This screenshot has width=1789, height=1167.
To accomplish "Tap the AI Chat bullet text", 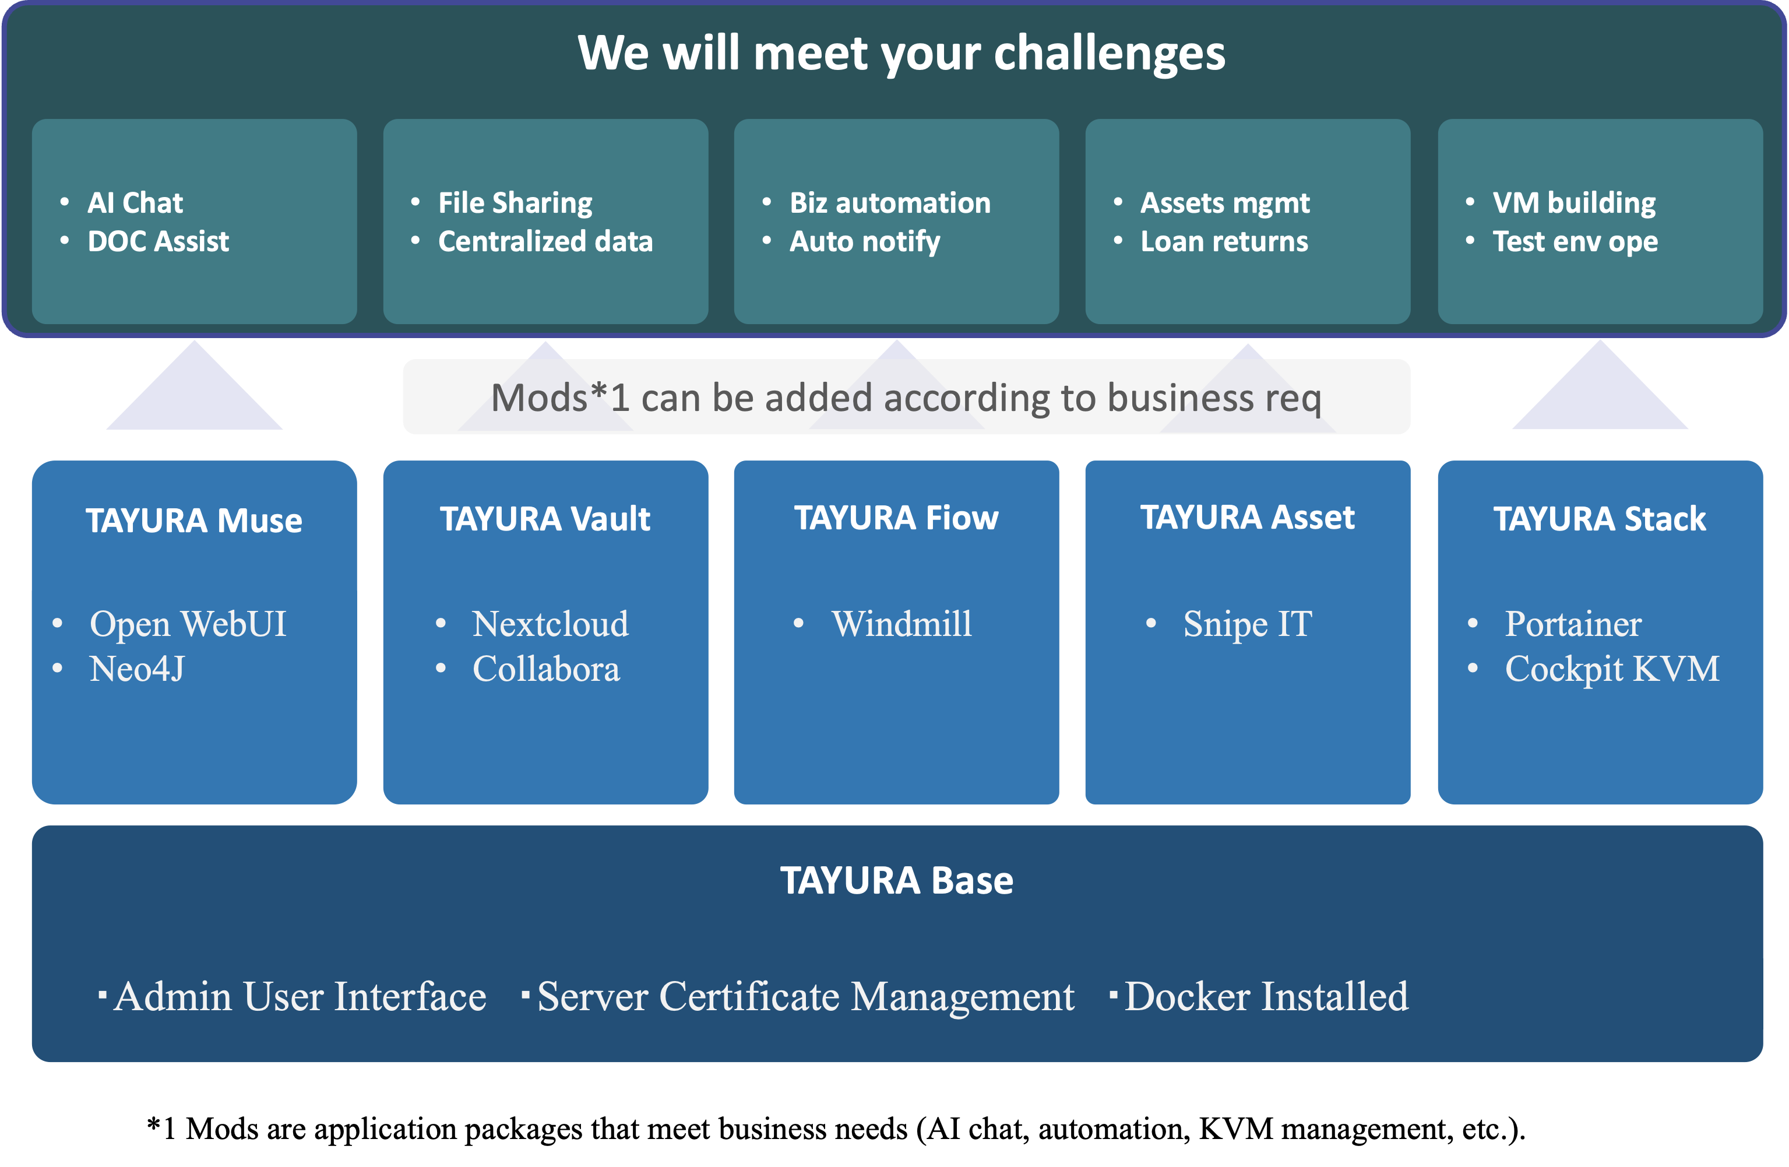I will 135,202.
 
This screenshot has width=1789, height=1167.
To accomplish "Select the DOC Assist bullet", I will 158,241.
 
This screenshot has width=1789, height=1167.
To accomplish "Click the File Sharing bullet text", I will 515,202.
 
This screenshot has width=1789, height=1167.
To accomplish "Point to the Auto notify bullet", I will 864,241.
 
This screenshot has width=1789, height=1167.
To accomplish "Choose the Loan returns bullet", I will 1224,241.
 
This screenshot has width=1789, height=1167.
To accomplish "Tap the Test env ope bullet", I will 1575,241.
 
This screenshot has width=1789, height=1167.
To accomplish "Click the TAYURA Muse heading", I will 194,521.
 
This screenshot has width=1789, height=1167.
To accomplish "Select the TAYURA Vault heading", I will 545,519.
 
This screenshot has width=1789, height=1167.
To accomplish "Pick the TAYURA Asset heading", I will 1247,517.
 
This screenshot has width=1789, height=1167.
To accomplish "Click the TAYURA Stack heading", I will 1599,519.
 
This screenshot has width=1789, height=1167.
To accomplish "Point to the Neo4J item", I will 137,669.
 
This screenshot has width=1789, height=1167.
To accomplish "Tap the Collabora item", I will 545,669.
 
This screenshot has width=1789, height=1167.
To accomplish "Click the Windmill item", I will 901,623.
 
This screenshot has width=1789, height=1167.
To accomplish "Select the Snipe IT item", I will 1247,623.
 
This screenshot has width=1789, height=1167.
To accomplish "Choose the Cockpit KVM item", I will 1612,669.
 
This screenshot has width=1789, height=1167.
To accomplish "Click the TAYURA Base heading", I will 896,881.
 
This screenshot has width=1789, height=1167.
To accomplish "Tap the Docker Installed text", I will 1266,996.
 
